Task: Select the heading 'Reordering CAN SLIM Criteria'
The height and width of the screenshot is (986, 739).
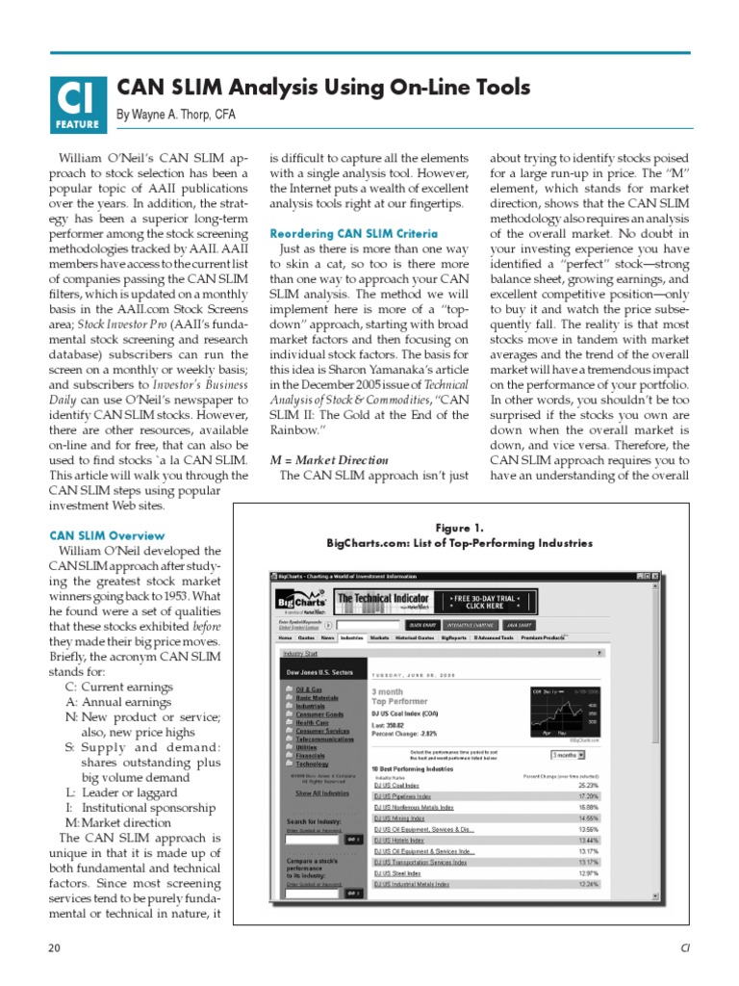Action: pos(353,234)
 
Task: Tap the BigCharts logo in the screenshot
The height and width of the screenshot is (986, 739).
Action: pos(300,602)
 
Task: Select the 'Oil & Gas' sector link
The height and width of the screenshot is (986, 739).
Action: pos(309,690)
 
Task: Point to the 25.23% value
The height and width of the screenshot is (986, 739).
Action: pos(589,785)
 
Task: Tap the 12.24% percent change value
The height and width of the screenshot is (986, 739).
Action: pos(589,884)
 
